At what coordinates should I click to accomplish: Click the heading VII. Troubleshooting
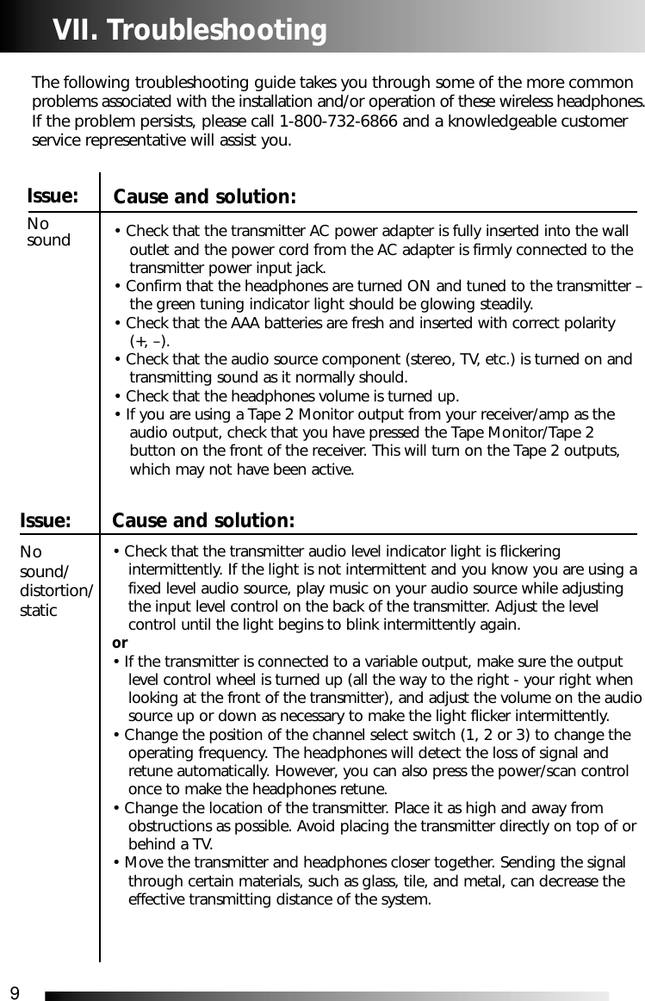pos(189,31)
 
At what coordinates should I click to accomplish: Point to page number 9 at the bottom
pos(14,994)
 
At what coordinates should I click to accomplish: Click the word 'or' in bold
pos(120,643)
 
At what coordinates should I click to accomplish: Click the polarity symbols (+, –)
pos(149,341)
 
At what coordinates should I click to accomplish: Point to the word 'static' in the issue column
pos(39,611)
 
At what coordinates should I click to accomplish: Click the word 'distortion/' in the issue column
pos(57,591)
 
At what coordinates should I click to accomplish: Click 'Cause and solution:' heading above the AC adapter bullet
pos(205,197)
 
